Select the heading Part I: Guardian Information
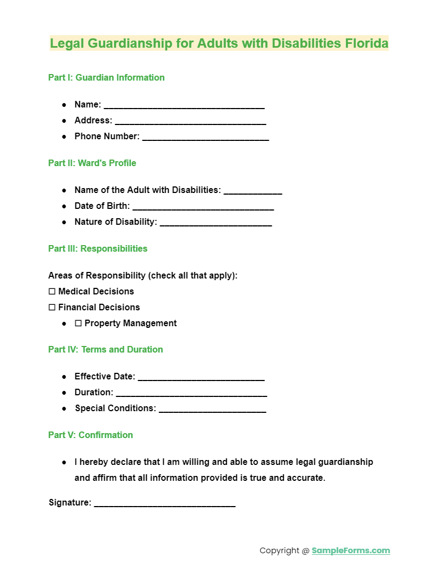(x=106, y=77)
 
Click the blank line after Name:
(x=184, y=105)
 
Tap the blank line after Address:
(x=190, y=121)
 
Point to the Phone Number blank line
(x=205, y=137)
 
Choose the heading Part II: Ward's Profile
(x=92, y=163)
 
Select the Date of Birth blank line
(x=203, y=207)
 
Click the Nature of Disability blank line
(x=215, y=223)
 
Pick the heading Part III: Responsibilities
(x=98, y=248)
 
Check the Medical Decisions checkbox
(x=52, y=292)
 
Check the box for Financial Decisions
(x=52, y=308)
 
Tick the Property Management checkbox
(x=78, y=323)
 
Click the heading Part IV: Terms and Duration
(x=105, y=349)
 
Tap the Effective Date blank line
(x=201, y=377)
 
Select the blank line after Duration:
(x=191, y=393)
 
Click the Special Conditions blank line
(x=212, y=409)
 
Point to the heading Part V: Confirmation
(x=90, y=435)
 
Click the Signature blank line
(x=164, y=503)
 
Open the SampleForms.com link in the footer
(x=351, y=550)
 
